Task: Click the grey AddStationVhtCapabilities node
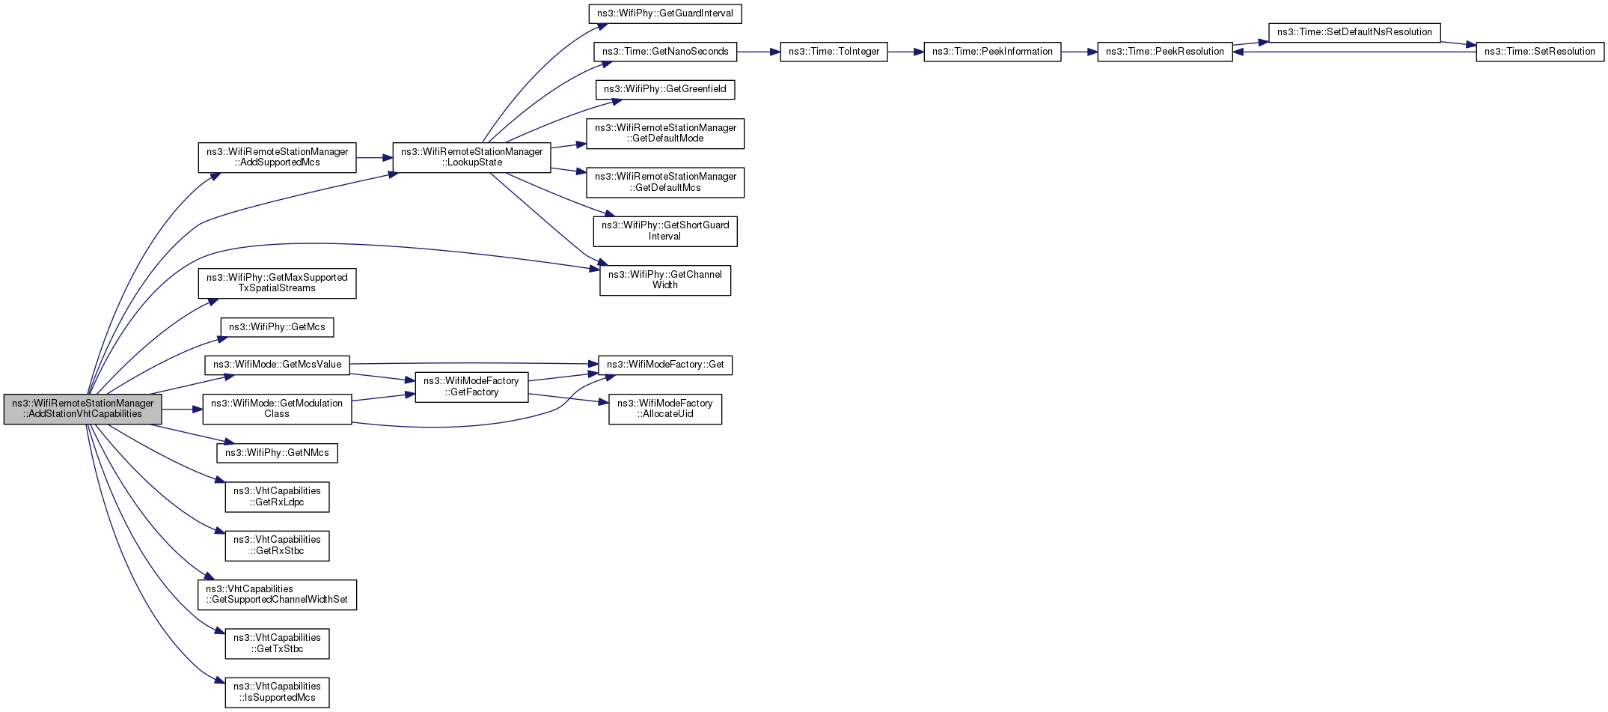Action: pyautogui.click(x=82, y=409)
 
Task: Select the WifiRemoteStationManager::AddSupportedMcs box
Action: pyautogui.click(x=277, y=157)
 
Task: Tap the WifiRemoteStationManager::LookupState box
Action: pyautogui.click(x=471, y=157)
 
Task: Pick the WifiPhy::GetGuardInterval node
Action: pyautogui.click(x=664, y=13)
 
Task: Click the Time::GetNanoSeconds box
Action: pyautogui.click(x=665, y=52)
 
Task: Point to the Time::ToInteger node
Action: pyautogui.click(x=834, y=52)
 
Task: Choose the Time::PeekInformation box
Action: pyautogui.click(x=992, y=52)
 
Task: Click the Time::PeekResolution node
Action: pyautogui.click(x=1164, y=52)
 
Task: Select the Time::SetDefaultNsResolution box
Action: pyautogui.click(x=1354, y=32)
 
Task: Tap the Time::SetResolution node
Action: pyautogui.click(x=1539, y=52)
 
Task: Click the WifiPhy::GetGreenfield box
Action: pyautogui.click(x=664, y=89)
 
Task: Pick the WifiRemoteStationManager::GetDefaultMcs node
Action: pyautogui.click(x=664, y=182)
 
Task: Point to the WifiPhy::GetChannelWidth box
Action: pyautogui.click(x=664, y=280)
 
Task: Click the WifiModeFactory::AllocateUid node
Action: pyautogui.click(x=664, y=409)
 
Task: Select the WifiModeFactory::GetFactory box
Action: pyautogui.click(x=471, y=386)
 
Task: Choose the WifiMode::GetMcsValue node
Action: pyautogui.click(x=277, y=365)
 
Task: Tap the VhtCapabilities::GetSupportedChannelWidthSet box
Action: pyautogui.click(x=277, y=594)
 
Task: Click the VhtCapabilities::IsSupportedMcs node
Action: pyautogui.click(x=277, y=692)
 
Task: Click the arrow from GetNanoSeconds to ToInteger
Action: pyautogui.click(x=758, y=52)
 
